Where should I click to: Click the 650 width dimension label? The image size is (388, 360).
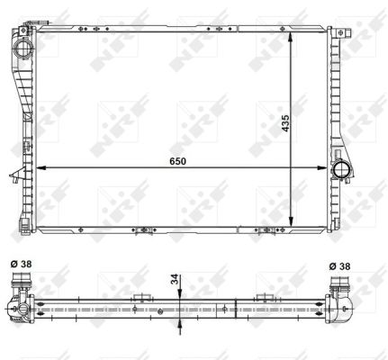[x=177, y=161]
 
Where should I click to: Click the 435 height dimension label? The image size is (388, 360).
[x=285, y=122]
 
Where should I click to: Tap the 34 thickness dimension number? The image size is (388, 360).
[x=175, y=279]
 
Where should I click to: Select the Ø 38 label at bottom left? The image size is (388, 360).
[x=21, y=264]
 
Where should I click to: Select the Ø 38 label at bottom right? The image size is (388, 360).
[x=339, y=266]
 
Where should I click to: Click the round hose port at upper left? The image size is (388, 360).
[x=23, y=49]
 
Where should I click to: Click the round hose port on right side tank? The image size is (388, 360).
[x=341, y=170]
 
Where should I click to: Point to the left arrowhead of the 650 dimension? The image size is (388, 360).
[x=41, y=167]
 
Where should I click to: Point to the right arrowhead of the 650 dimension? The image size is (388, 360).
[x=321, y=167]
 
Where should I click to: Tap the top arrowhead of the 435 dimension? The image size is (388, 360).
[x=291, y=37]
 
